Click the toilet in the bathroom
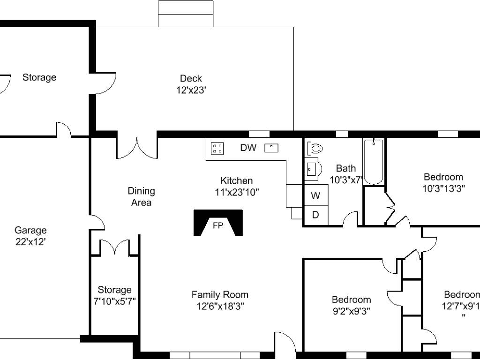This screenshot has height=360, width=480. coord(315,149)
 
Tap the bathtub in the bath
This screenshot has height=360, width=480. coord(374,161)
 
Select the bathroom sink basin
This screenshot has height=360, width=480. coord(313,169)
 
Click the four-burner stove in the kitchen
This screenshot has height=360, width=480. coord(217,149)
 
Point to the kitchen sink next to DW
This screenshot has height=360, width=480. coord(271,148)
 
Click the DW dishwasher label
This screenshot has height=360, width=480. coord(248,148)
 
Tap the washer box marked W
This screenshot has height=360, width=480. coord(316,195)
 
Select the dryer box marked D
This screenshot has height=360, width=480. coord(316,216)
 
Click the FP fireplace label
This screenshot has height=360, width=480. coord(218,226)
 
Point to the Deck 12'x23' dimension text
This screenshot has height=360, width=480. coord(191,90)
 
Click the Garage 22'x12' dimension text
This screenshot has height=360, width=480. coord(30,242)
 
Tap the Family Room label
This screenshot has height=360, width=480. coord(220,295)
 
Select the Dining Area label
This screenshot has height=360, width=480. coord(142,196)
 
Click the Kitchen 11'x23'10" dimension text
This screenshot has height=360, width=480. coord(237,192)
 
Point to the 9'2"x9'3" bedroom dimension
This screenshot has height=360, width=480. coord(352,311)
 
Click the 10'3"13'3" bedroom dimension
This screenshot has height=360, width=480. coord(443,188)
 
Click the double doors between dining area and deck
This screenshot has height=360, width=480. coord(137,148)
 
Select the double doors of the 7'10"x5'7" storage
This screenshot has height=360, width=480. coord(114,247)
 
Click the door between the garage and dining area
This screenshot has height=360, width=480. coord(97,222)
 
